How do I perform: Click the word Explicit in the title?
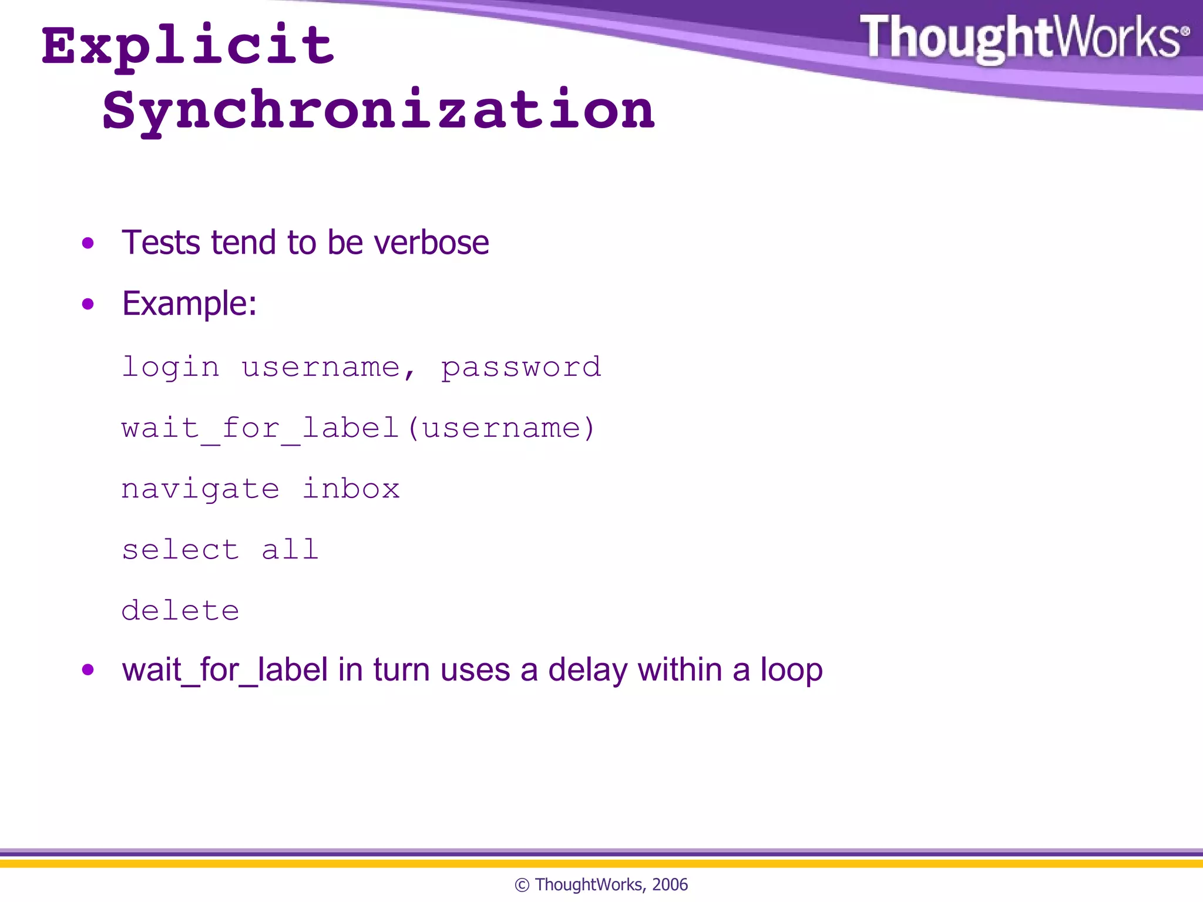[188, 47]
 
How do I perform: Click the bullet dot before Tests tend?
[88, 243]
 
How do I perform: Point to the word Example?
[189, 304]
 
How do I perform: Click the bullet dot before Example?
[88, 304]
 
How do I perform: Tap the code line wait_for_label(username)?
[358, 429]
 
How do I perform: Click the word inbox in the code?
[351, 489]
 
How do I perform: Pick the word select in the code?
[180, 550]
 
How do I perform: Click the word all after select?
[290, 550]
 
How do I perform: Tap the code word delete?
[180, 611]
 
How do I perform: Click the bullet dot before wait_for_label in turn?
[88, 670]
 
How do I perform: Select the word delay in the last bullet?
[587, 670]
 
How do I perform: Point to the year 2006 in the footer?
[670, 884]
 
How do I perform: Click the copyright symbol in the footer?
[522, 885]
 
